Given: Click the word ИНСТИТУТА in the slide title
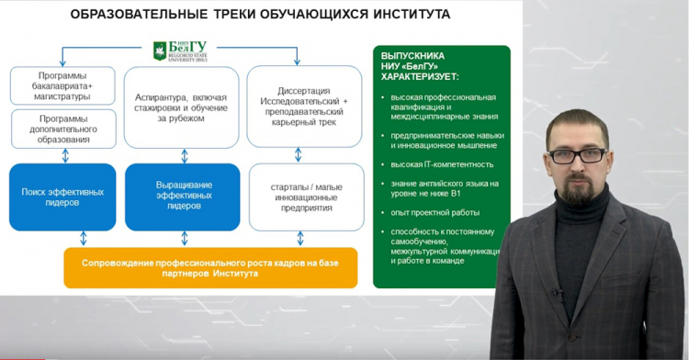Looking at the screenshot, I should tap(401, 14).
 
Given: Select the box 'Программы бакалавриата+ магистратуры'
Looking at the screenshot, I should tap(62, 84).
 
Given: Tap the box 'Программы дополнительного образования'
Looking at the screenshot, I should tap(62, 129).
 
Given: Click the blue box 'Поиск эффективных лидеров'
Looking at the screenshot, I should tap(62, 197).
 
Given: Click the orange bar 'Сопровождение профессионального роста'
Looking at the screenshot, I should tap(210, 267).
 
